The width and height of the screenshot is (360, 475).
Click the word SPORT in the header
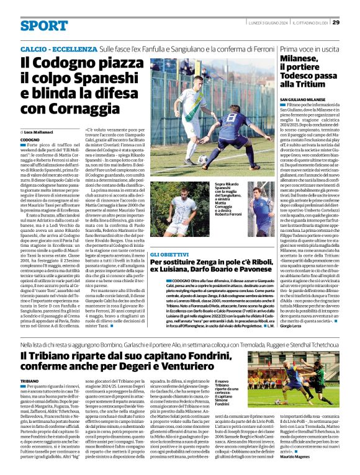coord(43,25)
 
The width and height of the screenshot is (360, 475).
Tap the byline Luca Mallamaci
coord(40,133)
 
